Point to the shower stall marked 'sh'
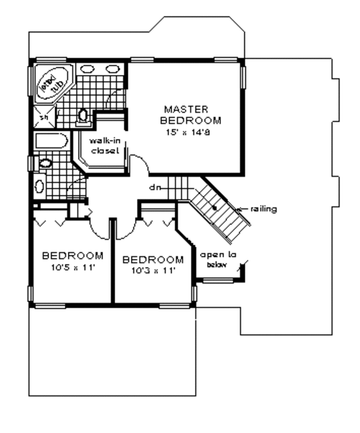coord(44,117)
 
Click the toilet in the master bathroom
coord(84,116)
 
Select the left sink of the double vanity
coord(86,68)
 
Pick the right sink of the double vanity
coord(112,68)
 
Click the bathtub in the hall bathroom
coord(50,142)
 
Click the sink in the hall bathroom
coord(40,186)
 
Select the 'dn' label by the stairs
coord(155,187)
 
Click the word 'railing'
coord(264,209)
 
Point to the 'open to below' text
coord(217,258)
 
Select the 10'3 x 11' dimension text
coord(152,270)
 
